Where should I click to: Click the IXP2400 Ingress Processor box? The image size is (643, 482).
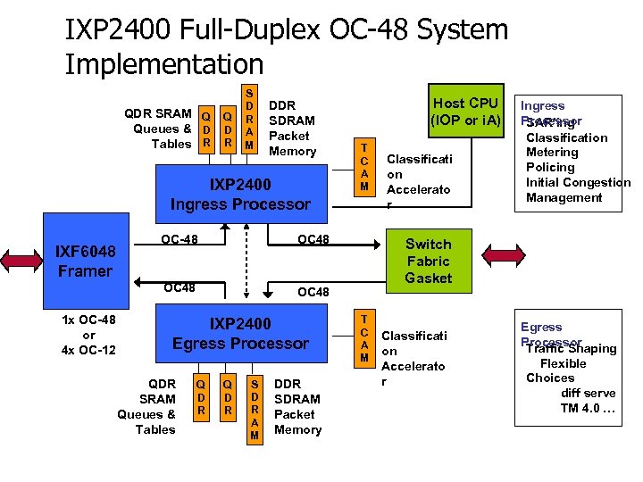[240, 194]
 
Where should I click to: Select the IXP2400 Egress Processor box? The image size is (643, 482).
[240, 333]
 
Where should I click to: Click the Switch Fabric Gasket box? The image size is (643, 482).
[428, 261]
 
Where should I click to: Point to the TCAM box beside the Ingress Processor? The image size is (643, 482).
[364, 167]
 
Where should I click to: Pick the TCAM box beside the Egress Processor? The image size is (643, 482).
[364, 340]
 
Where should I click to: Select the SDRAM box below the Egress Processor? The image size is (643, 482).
[255, 405]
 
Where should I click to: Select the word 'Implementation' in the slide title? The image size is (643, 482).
[164, 64]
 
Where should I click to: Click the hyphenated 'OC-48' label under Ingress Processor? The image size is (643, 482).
[180, 238]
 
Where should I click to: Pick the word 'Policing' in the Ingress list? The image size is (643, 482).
[550, 167]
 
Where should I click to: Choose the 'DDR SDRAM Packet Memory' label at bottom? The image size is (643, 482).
[297, 406]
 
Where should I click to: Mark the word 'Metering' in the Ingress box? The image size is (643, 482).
[552, 152]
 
